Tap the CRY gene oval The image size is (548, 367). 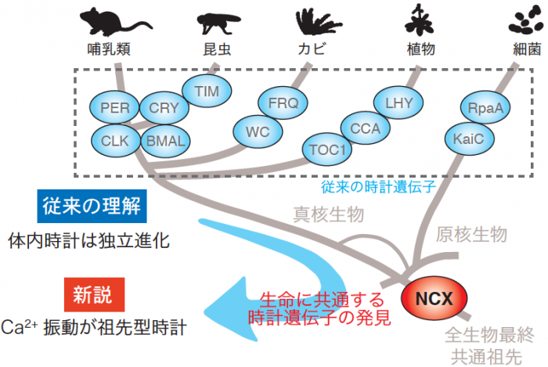click(164, 108)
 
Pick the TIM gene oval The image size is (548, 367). click(207, 92)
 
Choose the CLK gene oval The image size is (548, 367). click(114, 141)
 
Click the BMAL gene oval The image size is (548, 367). click(166, 142)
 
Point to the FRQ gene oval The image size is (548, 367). click(283, 103)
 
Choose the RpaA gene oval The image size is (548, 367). click(485, 109)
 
